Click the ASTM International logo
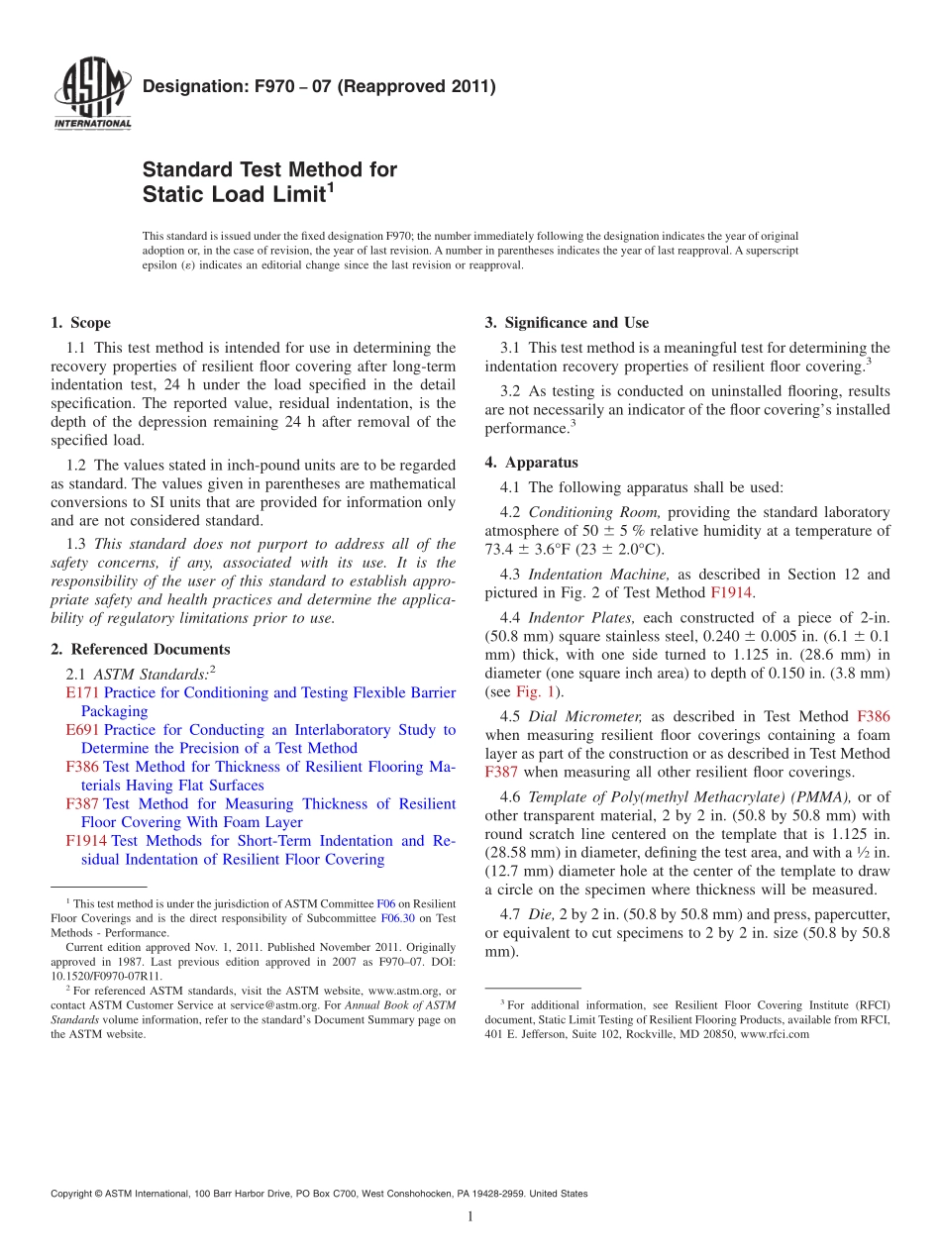(x=91, y=94)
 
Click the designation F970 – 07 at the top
(x=318, y=87)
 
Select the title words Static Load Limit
(x=234, y=195)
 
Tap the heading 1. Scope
(x=80, y=323)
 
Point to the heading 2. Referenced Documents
(x=140, y=650)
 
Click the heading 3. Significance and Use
(x=567, y=323)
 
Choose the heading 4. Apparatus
(x=531, y=463)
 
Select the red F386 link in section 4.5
(x=873, y=716)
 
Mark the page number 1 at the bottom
(x=470, y=1217)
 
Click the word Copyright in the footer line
(x=74, y=1194)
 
